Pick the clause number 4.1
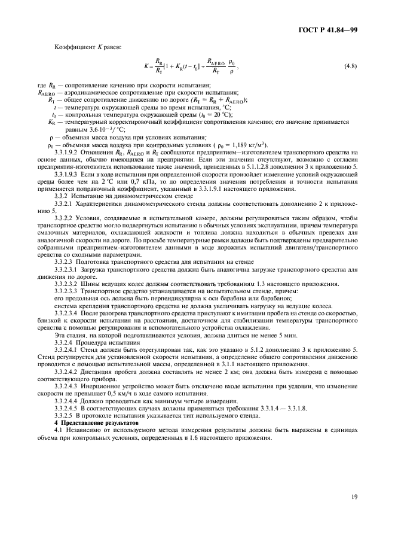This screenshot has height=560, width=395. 59,430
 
